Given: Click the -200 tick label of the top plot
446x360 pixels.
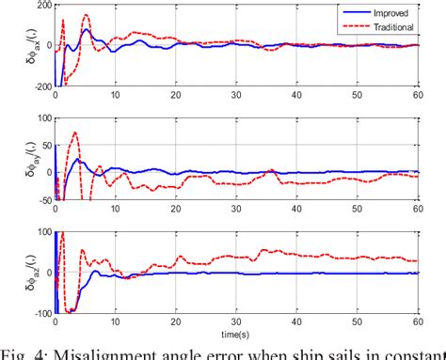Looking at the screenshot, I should click(x=37, y=86).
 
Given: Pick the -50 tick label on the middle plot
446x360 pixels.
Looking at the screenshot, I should click(x=40, y=199).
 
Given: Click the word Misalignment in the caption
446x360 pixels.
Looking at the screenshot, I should click(x=102, y=352).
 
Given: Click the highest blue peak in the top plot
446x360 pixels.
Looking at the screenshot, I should click(x=86, y=29).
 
